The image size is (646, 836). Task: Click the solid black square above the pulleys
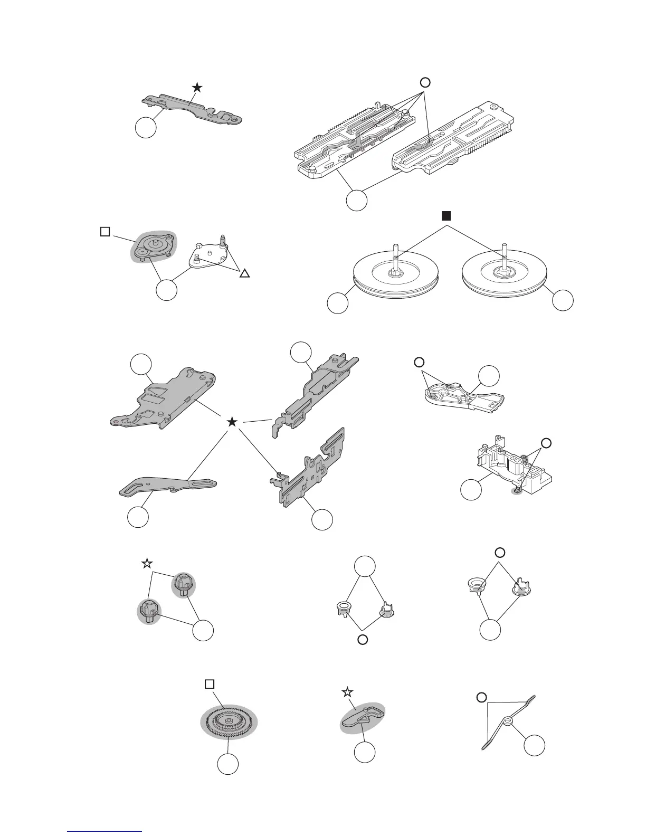(446, 215)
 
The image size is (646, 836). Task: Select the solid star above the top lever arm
(197, 87)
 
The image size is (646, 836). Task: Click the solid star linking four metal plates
(231, 422)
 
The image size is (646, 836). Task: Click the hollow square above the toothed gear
(210, 684)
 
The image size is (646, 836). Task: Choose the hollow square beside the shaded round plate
(104, 232)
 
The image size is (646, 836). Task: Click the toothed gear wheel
(228, 721)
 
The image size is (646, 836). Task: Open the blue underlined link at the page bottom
(106, 831)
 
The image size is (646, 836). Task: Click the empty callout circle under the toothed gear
(228, 764)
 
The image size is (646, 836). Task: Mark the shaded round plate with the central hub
(153, 246)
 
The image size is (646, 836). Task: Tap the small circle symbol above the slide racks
(425, 82)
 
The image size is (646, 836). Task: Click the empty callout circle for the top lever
(146, 128)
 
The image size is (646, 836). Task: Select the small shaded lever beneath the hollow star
(362, 716)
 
